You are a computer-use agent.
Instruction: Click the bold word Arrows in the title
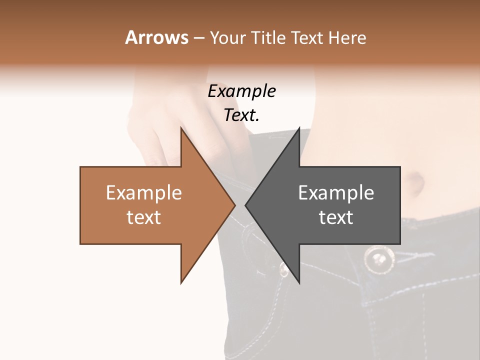click(156, 37)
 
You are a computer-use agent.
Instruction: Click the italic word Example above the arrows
click(242, 91)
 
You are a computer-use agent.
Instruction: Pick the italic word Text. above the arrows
click(242, 115)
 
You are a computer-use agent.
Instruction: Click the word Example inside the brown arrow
click(144, 193)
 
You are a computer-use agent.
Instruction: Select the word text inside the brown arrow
click(144, 217)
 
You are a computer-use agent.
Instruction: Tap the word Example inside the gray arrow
click(336, 193)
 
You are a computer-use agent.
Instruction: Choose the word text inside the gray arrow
click(336, 217)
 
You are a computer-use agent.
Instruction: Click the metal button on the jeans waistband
click(378, 258)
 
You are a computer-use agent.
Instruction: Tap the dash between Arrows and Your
click(198, 38)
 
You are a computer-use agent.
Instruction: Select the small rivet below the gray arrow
click(283, 270)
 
